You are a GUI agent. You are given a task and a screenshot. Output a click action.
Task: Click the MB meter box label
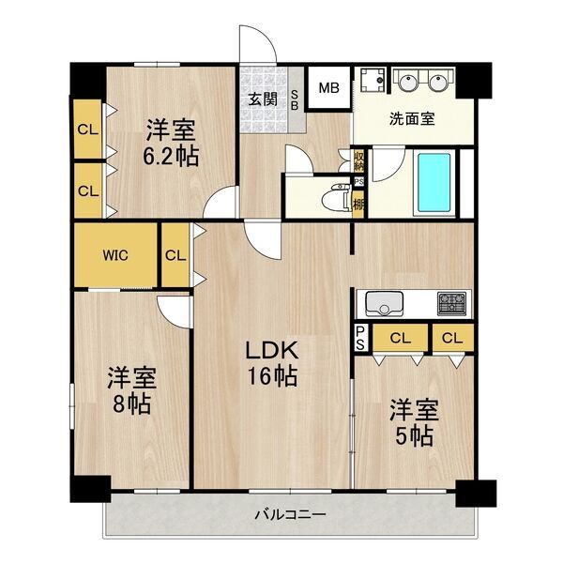pyautogui.click(x=329, y=88)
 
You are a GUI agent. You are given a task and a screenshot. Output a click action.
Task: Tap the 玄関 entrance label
pyautogui.click(x=263, y=99)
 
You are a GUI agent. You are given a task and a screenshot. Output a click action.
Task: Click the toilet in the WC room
pyautogui.click(x=336, y=197)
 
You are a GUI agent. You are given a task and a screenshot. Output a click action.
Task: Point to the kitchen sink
pyautogui.click(x=384, y=304)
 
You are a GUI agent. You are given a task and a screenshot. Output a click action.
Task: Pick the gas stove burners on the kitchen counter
pyautogui.click(x=452, y=303)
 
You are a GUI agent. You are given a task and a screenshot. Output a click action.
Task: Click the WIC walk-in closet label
pyautogui.click(x=115, y=255)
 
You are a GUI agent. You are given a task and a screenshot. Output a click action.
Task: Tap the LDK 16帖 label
pyautogui.click(x=272, y=363)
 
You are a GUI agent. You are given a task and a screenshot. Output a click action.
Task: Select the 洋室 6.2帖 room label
pyautogui.click(x=171, y=143)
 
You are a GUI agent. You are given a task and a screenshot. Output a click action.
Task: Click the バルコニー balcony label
pyautogui.click(x=291, y=515)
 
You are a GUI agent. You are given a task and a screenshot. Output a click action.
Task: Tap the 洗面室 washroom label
pyautogui.click(x=412, y=118)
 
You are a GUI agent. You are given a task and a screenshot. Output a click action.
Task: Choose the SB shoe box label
pyautogui.click(x=294, y=99)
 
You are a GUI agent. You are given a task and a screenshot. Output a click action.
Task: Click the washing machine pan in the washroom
pyautogui.click(x=373, y=80)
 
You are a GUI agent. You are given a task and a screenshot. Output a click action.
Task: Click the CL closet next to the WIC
pyautogui.click(x=175, y=255)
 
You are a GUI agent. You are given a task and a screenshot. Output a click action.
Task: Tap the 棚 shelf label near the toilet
pyautogui.click(x=358, y=205)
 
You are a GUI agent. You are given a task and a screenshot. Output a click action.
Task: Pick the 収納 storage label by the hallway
pyautogui.click(x=358, y=160)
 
